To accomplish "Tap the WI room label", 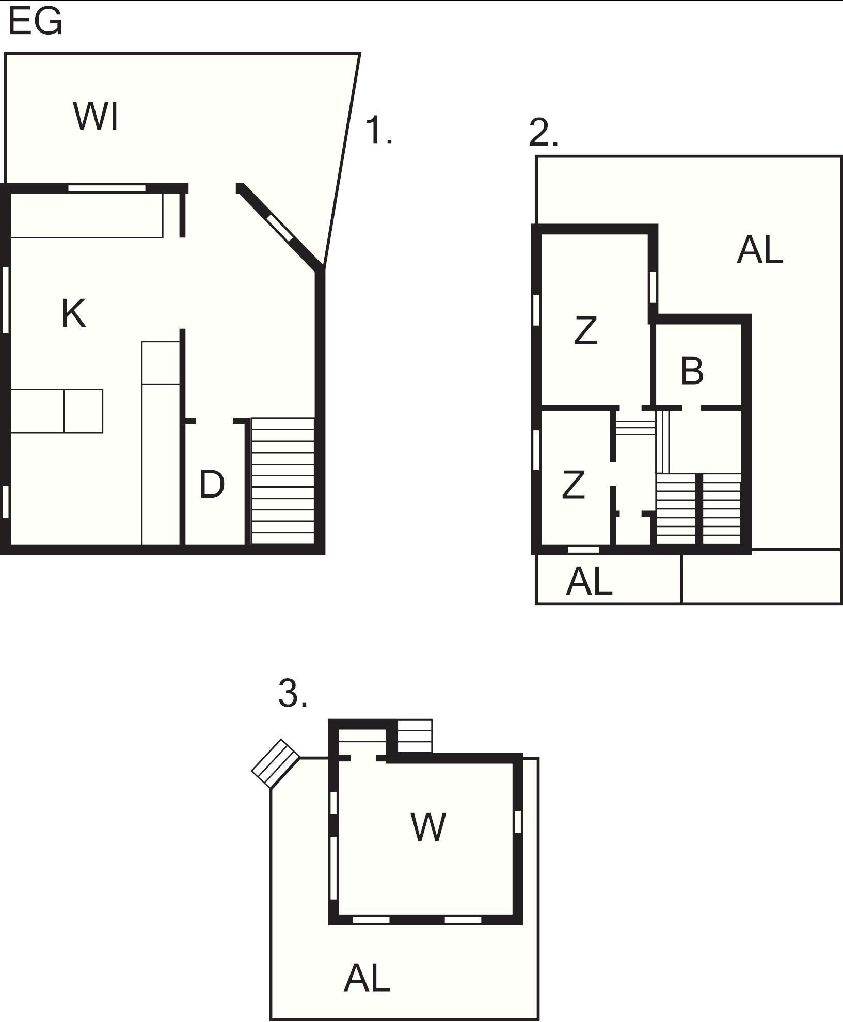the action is tap(97, 117).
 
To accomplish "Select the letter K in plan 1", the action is tap(73, 313).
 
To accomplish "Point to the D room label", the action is tap(212, 485).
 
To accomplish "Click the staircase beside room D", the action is tap(282, 481).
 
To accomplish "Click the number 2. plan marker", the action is tap(543, 133).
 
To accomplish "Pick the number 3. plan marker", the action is tap(293, 693).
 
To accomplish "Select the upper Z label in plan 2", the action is tap(586, 330).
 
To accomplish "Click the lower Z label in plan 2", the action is tap(573, 484).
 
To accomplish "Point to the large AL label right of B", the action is tap(760, 250).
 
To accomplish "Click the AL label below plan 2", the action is tap(589, 581).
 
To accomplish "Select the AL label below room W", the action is tap(367, 978).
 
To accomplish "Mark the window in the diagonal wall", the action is tap(279, 228).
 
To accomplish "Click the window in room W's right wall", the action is tap(518, 821).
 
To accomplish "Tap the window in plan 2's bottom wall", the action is tap(583, 550).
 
